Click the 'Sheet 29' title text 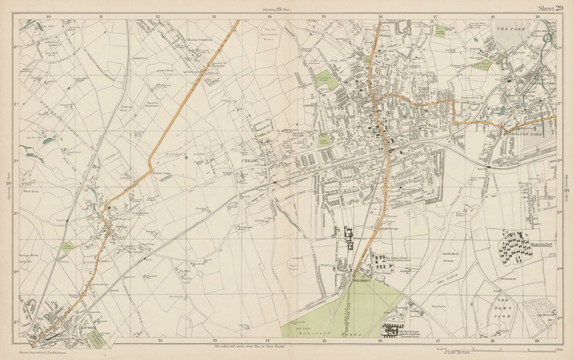click(550, 7)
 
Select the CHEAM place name click(249, 161)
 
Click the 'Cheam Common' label click(199, 40)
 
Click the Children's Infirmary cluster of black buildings click(515, 246)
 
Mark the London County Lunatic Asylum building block click(392, 331)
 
